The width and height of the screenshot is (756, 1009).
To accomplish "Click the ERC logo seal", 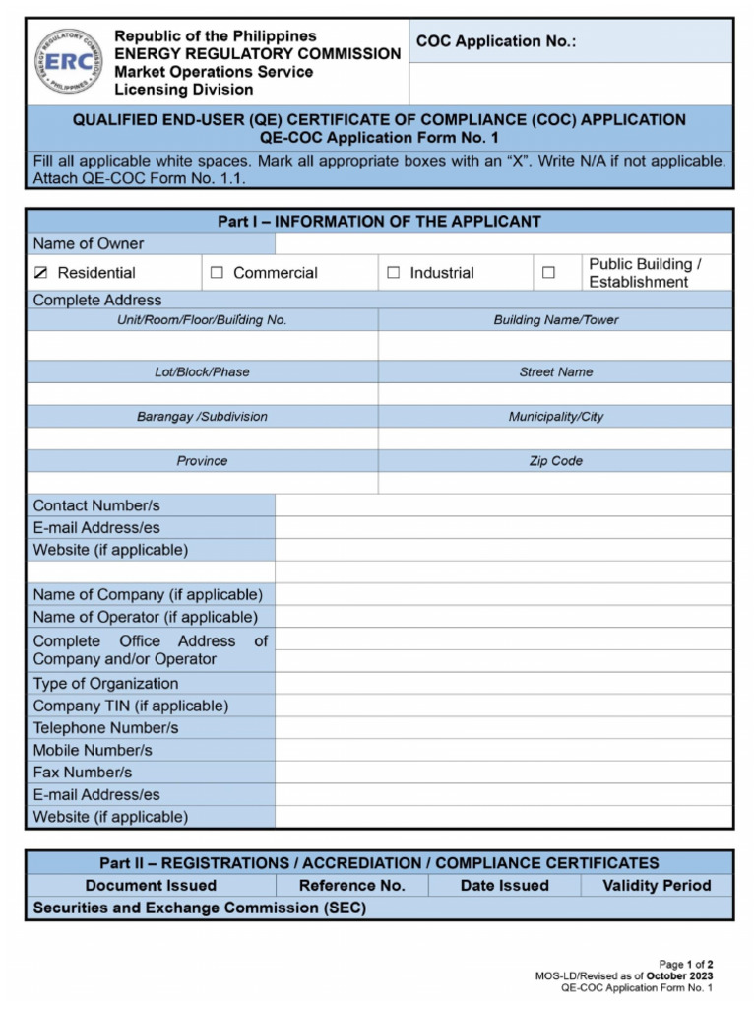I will click(68, 61).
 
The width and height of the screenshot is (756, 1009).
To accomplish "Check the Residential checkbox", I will click(40, 273).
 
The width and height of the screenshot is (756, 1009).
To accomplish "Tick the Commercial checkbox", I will click(217, 273).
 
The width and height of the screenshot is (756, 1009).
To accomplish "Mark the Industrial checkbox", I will click(394, 273).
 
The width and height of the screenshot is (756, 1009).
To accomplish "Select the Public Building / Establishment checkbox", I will click(548, 273).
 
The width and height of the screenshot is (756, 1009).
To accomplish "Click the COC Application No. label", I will click(495, 41).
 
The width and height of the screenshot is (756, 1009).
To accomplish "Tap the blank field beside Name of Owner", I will click(503, 243).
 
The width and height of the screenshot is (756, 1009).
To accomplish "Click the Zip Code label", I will click(556, 461).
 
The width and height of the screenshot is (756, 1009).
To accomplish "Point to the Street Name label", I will click(556, 372).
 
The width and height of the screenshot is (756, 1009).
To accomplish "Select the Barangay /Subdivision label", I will click(202, 417).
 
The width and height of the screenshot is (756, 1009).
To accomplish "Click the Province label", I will click(202, 461).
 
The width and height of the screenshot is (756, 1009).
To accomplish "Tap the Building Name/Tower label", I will click(556, 320).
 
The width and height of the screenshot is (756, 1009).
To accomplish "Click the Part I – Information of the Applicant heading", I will click(379, 222).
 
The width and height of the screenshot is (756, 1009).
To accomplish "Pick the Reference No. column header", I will click(351, 885).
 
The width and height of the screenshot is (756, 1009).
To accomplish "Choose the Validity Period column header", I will click(657, 885).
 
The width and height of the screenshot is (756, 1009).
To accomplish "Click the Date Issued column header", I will click(504, 885).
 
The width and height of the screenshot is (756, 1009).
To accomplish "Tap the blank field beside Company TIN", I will click(503, 706).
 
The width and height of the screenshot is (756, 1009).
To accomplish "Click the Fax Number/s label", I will click(83, 772).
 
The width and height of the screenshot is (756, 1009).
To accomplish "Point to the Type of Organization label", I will click(106, 683).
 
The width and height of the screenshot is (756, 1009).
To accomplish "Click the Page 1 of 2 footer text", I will click(686, 964).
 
